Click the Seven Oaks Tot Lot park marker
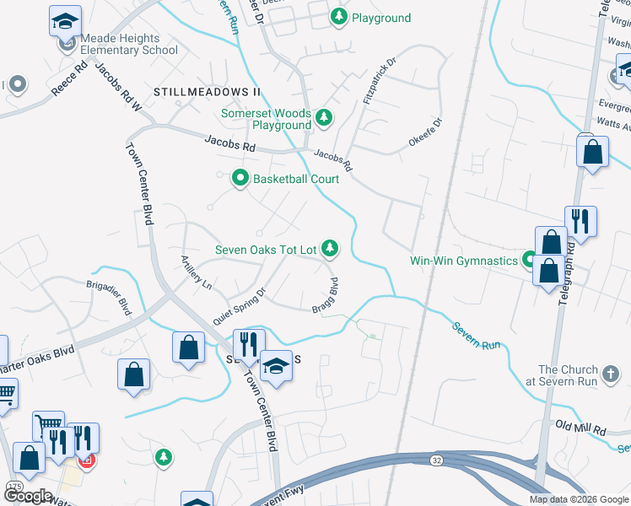(331, 248)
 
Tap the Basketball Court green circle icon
(240, 178)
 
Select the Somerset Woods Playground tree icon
(323, 116)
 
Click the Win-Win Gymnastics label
(463, 261)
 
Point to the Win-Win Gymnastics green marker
(529, 259)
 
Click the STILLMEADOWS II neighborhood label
(208, 90)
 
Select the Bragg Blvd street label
(328, 294)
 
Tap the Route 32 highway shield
(435, 460)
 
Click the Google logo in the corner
(28, 496)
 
